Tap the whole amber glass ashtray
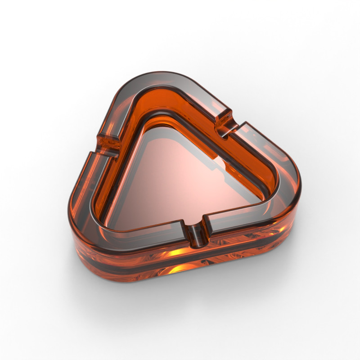(x=180, y=180)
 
